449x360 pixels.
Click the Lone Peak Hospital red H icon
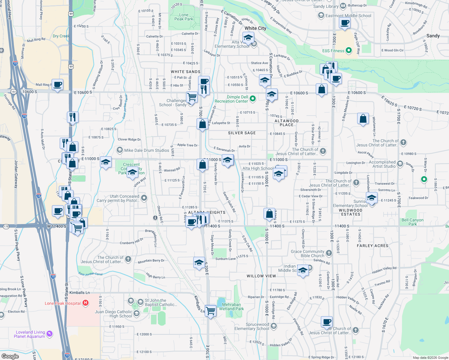click(x=86, y=303)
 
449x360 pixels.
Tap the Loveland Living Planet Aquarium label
click(x=30, y=334)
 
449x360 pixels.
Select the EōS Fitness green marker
click(x=348, y=50)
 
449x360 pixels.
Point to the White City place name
click(x=255, y=28)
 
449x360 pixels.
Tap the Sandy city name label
click(x=433, y=36)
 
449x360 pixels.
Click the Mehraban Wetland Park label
click(x=231, y=307)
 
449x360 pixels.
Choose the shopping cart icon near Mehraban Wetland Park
click(x=210, y=310)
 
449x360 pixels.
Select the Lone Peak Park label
click(x=184, y=17)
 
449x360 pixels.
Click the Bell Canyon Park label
click(x=412, y=222)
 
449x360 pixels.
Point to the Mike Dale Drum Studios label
click(x=146, y=150)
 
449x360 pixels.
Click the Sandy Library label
click(x=326, y=6)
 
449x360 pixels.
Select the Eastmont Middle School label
click(x=348, y=16)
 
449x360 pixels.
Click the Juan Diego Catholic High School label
click(x=113, y=314)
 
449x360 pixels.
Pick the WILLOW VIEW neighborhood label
click(x=261, y=276)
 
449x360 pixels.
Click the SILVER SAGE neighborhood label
click(x=242, y=133)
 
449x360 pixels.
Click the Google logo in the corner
click(x=10, y=356)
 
